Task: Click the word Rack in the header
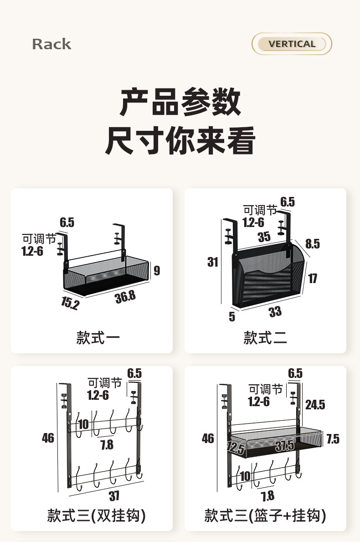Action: (51, 44)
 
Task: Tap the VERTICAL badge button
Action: (292, 44)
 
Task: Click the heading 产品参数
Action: (180, 102)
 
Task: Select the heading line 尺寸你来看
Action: (180, 140)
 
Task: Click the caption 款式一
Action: (98, 338)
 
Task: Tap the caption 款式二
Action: (265, 338)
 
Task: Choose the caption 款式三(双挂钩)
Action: (97, 515)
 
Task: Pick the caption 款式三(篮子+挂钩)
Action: (265, 515)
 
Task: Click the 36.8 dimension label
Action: (125, 297)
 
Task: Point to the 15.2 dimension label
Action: (70, 303)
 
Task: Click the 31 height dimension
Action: (213, 262)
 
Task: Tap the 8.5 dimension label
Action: (312, 244)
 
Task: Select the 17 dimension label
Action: (312, 278)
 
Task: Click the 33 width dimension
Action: (275, 312)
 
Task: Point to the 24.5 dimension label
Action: (315, 404)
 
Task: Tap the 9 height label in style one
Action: (157, 271)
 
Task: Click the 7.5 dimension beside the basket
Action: (333, 439)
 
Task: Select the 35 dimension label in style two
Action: (264, 237)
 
